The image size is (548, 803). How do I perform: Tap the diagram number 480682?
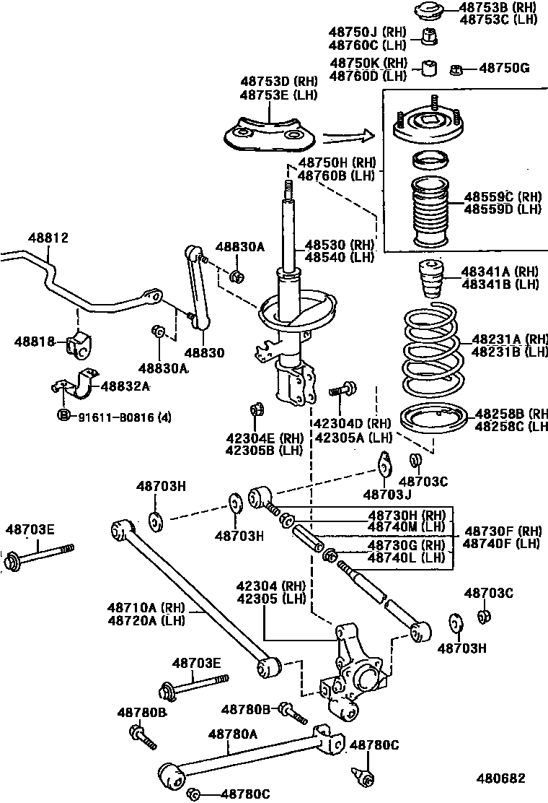(500, 778)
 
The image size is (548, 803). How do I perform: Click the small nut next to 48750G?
(456, 69)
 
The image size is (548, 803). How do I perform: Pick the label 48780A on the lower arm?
(232, 734)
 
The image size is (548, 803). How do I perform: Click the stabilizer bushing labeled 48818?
(79, 344)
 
